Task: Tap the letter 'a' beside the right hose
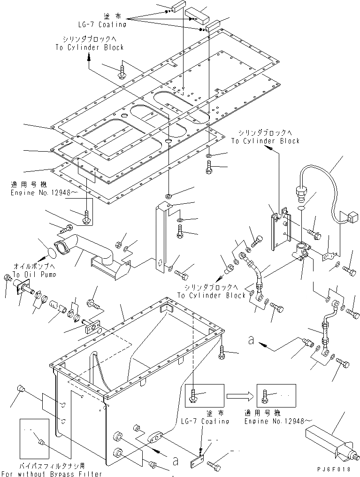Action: pyautogui.click(x=252, y=342)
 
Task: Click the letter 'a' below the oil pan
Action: pyautogui.click(x=175, y=461)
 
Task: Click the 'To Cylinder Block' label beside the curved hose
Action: pyautogui.click(x=211, y=295)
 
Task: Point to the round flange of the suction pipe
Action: pyautogui.click(x=62, y=248)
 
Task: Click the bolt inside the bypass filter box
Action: pyautogui.click(x=41, y=441)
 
